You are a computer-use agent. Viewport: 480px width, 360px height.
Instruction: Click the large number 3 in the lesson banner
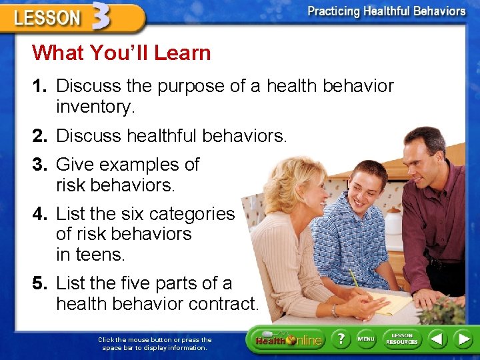[100, 16]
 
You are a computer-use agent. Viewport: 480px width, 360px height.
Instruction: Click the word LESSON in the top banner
[47, 19]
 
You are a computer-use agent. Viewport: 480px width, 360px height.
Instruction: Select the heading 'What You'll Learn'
[121, 53]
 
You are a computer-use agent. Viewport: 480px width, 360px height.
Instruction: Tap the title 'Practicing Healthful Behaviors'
[386, 11]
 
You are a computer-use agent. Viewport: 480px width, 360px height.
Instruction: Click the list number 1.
[41, 86]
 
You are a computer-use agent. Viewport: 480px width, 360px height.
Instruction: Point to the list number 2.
[41, 136]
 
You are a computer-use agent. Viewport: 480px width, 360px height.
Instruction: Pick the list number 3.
[41, 164]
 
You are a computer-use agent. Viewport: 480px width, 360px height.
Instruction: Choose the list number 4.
[41, 213]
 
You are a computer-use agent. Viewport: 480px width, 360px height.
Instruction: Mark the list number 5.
[41, 283]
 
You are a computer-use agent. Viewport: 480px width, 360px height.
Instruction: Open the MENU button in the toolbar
[366, 339]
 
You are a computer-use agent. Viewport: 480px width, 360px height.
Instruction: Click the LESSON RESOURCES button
[401, 339]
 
